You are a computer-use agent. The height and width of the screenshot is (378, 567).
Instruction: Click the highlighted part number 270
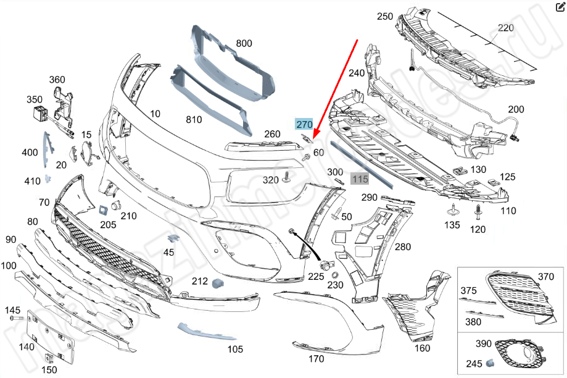point(304,124)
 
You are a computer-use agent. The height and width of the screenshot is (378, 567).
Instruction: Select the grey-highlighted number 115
point(360,178)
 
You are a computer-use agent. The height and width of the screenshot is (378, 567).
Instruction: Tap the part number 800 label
point(244,44)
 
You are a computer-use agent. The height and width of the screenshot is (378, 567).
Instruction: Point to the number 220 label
point(506,28)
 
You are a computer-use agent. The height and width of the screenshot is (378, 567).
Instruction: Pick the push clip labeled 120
point(479,214)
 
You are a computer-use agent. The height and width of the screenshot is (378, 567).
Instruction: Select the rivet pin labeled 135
point(453,209)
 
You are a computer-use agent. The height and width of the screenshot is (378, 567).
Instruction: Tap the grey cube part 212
point(217,283)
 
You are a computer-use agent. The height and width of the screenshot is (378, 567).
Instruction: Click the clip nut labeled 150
point(48,357)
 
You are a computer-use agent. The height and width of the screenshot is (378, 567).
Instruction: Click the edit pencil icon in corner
point(560,7)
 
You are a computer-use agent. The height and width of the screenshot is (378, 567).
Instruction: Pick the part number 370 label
point(546,277)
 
